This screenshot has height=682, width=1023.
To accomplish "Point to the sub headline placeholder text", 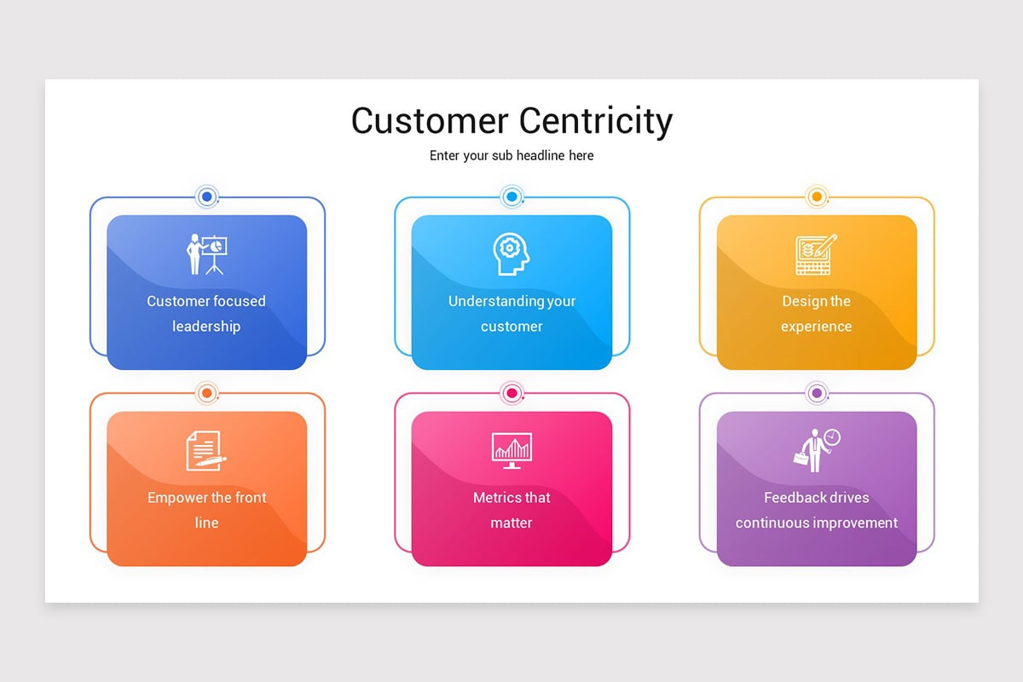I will [x=511, y=156].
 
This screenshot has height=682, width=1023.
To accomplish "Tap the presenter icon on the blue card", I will [x=206, y=254].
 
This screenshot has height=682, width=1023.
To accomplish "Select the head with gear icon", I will [x=511, y=254].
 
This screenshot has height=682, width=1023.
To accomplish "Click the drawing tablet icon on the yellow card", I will [x=816, y=254].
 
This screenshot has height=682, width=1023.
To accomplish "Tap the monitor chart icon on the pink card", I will [x=511, y=450].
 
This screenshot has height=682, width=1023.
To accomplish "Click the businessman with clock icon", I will [x=816, y=450].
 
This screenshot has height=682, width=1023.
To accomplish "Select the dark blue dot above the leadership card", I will [x=206, y=197].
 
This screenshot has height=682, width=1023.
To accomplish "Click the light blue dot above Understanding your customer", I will [x=511, y=197].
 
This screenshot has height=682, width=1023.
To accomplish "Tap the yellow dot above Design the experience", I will [x=816, y=197].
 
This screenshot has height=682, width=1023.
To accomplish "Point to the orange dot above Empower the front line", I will [x=206, y=393].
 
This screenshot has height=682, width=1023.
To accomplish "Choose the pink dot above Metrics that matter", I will [x=511, y=393].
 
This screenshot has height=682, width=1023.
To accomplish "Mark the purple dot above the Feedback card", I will [x=816, y=393].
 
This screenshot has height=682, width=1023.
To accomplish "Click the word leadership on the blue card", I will [x=206, y=327].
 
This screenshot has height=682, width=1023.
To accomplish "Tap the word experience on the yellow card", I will [x=816, y=327].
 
